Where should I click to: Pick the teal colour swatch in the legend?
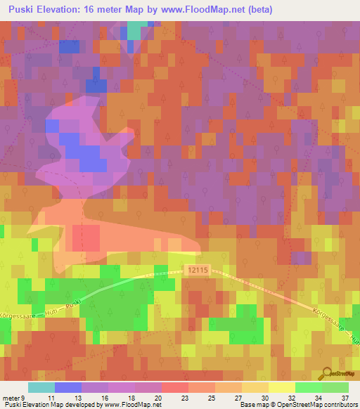pyautogui.click(x=41, y=387)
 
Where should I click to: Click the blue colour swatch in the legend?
pyautogui.click(x=67, y=387)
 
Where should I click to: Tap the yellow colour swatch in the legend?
pyautogui.click(x=281, y=387)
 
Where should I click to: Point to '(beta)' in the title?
pyautogui.click(x=259, y=10)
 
